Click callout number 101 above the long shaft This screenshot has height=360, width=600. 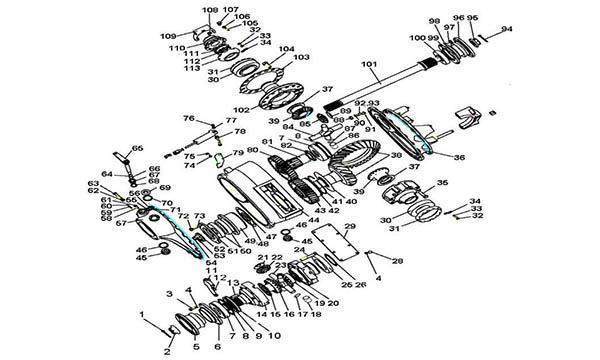tap(369, 66)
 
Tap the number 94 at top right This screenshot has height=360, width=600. tap(507, 30)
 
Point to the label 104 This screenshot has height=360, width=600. tap(287, 48)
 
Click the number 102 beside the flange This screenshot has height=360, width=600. tap(241, 110)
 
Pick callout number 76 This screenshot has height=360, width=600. tap(188, 119)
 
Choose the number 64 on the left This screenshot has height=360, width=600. tap(106, 174)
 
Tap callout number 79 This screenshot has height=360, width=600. tap(238, 154)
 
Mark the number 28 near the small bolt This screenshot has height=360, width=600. tap(397, 261)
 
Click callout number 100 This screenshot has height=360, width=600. tap(415, 38)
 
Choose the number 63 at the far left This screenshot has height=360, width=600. tap(92, 184)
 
